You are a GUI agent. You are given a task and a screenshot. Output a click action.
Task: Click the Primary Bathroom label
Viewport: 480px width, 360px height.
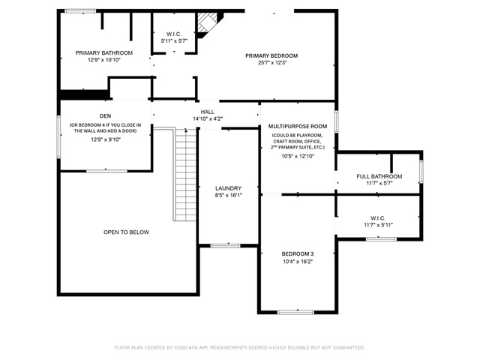[x=104, y=53]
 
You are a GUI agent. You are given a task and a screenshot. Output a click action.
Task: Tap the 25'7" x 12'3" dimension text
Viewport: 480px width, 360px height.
[x=272, y=63]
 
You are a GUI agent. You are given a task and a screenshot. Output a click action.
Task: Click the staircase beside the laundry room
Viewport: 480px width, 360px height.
[x=185, y=175]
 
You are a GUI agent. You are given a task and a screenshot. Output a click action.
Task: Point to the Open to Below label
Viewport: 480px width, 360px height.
[x=126, y=232]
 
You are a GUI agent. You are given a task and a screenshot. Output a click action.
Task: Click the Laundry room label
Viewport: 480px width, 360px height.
[x=228, y=188]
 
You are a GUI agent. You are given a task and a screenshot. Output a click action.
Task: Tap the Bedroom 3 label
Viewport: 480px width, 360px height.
[x=298, y=253]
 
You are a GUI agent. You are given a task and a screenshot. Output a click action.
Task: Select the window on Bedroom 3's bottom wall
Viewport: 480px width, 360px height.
[x=295, y=312]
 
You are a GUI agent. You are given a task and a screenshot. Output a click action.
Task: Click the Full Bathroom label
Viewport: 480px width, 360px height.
[x=379, y=176]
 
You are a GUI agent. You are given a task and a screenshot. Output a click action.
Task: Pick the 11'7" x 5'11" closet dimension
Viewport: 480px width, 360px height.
[x=378, y=225]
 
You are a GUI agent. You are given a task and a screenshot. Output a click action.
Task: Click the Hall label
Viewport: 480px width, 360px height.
[x=208, y=112]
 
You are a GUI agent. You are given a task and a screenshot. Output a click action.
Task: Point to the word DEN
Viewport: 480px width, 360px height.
[x=106, y=116]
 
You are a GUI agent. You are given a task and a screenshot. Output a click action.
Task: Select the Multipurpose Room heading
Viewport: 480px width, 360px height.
[x=298, y=126]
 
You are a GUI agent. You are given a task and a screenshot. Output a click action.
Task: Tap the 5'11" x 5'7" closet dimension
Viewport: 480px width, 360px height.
[x=174, y=40]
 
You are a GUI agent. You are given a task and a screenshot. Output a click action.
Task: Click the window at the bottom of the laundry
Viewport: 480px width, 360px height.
[x=226, y=245]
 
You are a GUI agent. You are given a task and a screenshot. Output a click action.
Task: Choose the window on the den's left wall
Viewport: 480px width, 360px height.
[x=58, y=136]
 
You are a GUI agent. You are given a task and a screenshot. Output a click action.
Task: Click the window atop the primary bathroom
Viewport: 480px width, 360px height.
[x=80, y=11]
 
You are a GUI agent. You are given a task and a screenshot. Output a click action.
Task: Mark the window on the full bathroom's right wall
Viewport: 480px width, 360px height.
[x=421, y=172]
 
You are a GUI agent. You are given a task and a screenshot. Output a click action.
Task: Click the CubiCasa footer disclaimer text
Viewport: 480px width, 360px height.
[x=240, y=348]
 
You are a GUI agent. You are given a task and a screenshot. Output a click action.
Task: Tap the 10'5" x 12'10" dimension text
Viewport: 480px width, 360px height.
[x=298, y=156]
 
